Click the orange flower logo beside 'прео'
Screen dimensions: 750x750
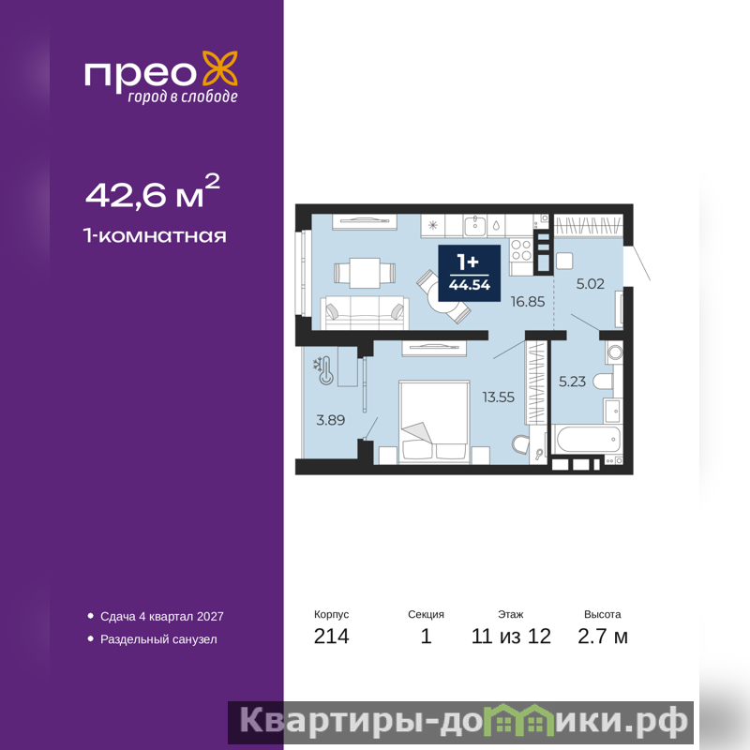220,68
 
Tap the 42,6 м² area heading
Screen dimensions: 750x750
153,191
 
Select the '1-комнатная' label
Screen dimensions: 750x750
155,235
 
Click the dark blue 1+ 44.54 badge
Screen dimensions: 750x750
470,273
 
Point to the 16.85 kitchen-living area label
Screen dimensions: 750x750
528,301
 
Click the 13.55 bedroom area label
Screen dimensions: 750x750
499,397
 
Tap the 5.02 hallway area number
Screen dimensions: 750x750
591,284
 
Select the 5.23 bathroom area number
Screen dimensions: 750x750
572,382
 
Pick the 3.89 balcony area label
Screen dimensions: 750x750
331,420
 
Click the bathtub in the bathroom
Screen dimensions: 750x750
588,439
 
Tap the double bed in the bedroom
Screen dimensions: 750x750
434,421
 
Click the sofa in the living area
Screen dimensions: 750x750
365,312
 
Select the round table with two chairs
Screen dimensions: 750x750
443,296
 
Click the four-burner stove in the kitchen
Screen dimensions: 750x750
521,250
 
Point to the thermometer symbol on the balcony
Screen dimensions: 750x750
325,370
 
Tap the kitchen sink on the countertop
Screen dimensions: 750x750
474,225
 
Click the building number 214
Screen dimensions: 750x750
332,637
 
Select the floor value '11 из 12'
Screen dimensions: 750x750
511,637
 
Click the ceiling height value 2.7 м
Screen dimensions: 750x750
603,637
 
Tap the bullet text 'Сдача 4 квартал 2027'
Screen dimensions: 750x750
161,616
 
